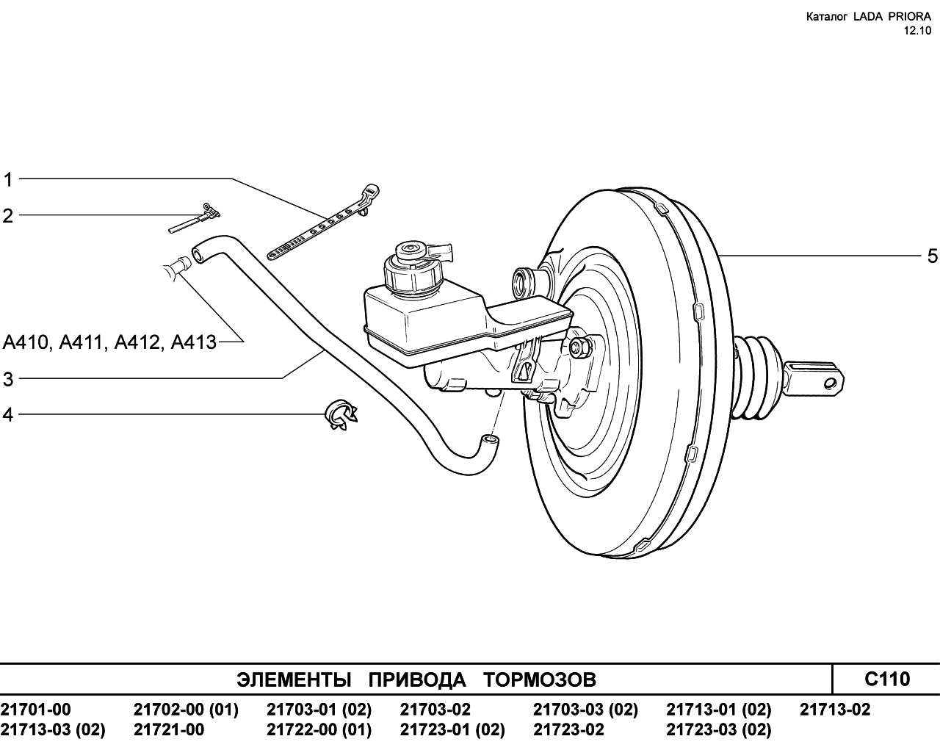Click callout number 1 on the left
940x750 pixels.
[x=8, y=180]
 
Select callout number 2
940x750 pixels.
[x=8, y=216]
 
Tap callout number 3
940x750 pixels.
[x=8, y=379]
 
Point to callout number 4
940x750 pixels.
[x=8, y=415]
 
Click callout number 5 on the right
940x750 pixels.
[x=932, y=256]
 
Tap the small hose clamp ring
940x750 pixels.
[x=341, y=415]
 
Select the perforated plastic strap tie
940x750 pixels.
[x=323, y=223]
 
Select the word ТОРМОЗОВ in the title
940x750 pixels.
[x=540, y=679]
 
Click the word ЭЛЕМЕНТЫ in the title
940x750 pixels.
[x=294, y=679]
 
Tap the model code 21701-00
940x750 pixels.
[x=36, y=710]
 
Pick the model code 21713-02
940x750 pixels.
[x=835, y=710]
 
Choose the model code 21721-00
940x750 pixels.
[x=169, y=729]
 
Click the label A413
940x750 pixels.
[x=193, y=342]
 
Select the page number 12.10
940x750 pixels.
[x=917, y=31]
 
